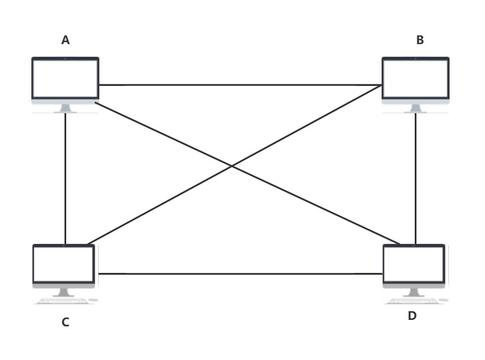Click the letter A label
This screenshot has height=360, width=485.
coord(66,40)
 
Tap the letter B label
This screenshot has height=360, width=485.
coord(420,40)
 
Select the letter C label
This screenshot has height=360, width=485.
coord(66,322)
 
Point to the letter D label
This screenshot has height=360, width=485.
coord(412,316)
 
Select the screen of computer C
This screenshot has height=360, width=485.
coord(64,264)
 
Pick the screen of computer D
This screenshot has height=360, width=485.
coord(414,264)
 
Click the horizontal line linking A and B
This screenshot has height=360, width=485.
coord(238,85)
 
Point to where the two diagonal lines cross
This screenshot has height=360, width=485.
coord(232,166)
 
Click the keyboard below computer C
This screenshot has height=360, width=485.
coord(61,301)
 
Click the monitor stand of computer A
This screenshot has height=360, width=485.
coord(65,109)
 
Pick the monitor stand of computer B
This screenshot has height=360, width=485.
coord(415,109)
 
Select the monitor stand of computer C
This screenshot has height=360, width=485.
coord(63,292)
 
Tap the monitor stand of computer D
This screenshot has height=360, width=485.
coord(414,292)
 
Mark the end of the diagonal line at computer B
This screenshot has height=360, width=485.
coord(382,85)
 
